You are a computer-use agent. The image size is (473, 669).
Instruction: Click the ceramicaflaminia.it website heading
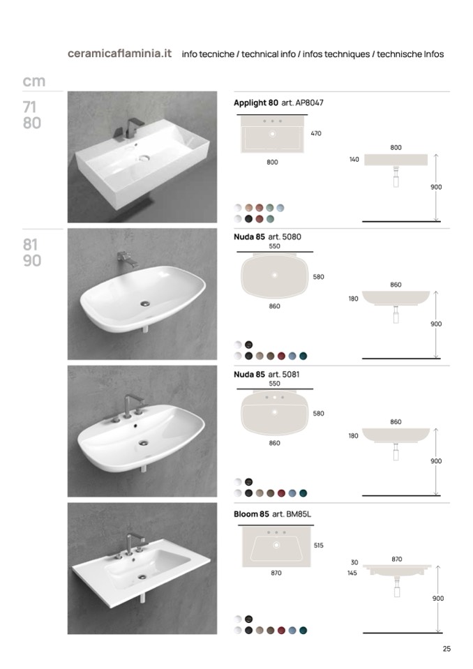tap(119, 53)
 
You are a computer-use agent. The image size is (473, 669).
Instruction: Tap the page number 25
tap(446, 649)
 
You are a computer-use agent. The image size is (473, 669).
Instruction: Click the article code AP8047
tap(309, 103)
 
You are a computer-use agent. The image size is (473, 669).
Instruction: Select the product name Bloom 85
tap(251, 514)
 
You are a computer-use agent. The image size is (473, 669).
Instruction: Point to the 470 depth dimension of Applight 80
tap(316, 133)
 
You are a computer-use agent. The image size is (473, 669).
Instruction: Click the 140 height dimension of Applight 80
tap(354, 160)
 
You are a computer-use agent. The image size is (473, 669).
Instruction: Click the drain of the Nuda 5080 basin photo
tap(145, 303)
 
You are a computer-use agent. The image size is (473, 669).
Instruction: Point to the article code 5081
tap(291, 374)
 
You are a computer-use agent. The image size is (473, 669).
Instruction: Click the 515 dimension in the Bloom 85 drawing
tap(319, 546)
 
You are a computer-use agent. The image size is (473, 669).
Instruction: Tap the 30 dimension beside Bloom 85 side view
tap(354, 562)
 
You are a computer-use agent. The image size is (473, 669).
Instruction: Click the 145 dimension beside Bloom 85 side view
tap(352, 573)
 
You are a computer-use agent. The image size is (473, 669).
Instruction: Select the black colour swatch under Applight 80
tap(248, 219)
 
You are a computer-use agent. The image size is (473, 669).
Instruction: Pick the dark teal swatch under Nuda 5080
tap(303, 356)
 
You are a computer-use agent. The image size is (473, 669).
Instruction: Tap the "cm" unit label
tap(33, 81)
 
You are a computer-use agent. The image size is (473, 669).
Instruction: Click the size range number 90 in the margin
tap(32, 261)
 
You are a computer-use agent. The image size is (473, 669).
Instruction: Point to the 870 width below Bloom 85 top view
tap(276, 573)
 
